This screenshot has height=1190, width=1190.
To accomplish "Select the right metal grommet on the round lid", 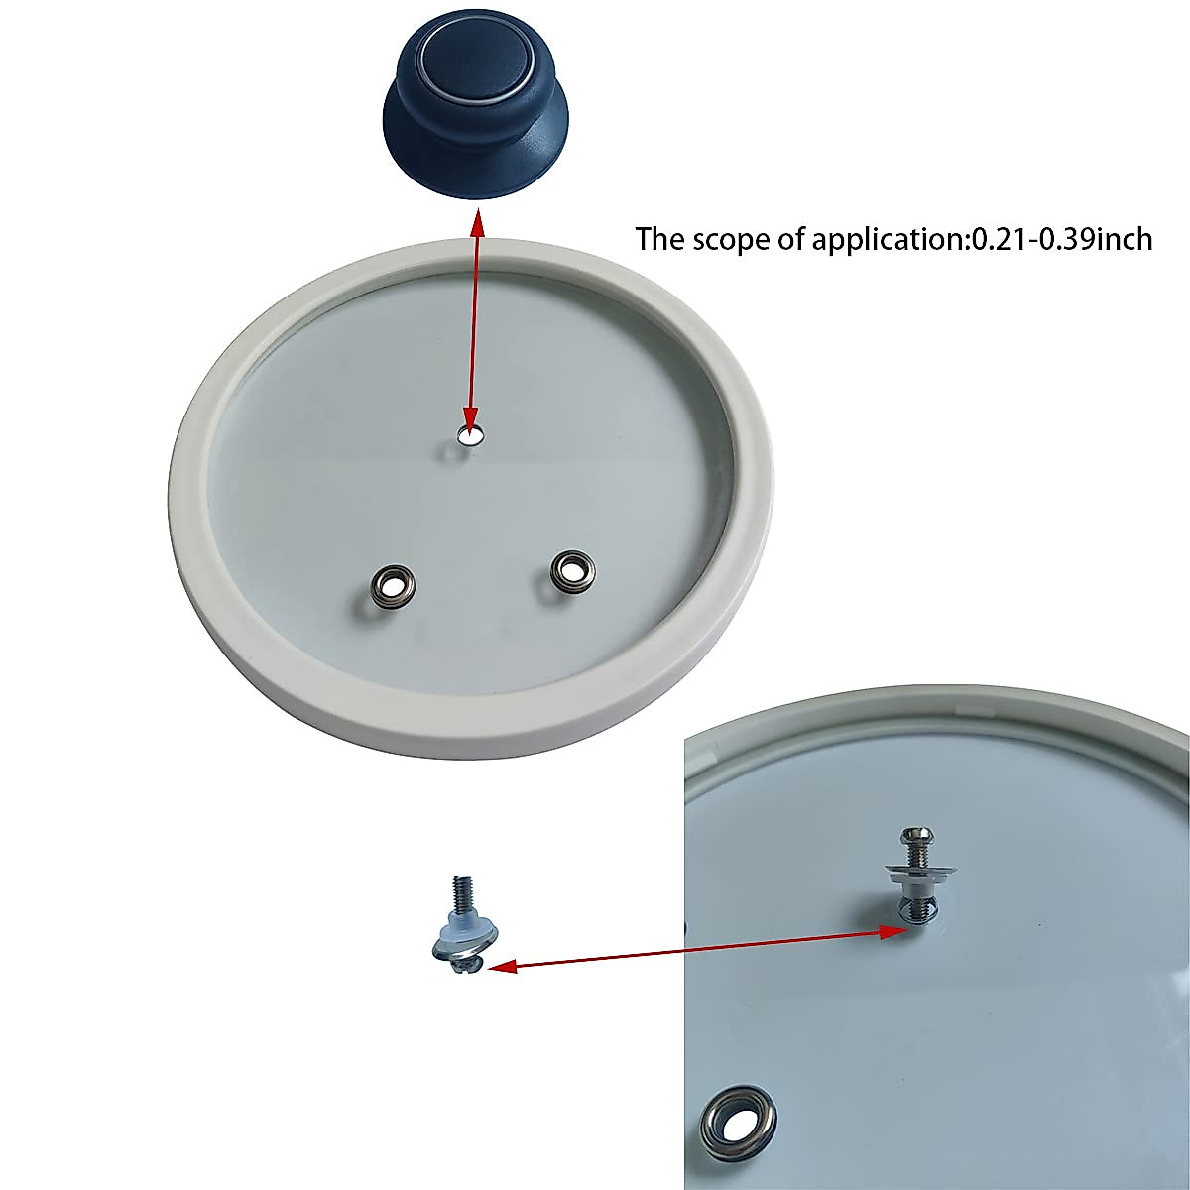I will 569,568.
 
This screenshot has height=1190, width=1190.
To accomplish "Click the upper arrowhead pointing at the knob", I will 477,222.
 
